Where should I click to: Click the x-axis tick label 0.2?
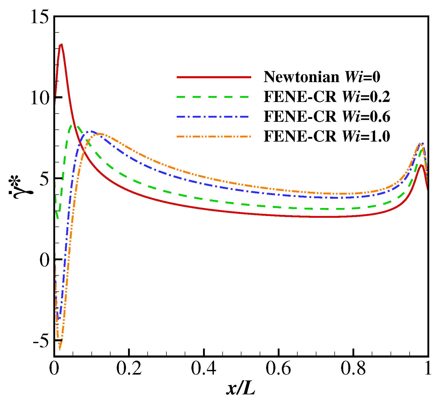coord(129,369)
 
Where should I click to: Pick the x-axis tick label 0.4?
coord(204,369)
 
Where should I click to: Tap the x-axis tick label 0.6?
coord(278,369)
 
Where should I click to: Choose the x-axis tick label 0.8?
coord(353,369)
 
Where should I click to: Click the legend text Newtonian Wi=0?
coord(322,77)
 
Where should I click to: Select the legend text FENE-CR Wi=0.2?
coord(327,97)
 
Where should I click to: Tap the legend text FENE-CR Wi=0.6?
coord(327,116)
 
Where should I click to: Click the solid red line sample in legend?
coord(214,77)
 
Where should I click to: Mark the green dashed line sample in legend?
coord(214,97)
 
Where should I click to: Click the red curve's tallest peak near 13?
coord(61,45)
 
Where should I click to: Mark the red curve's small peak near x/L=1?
coord(421,165)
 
